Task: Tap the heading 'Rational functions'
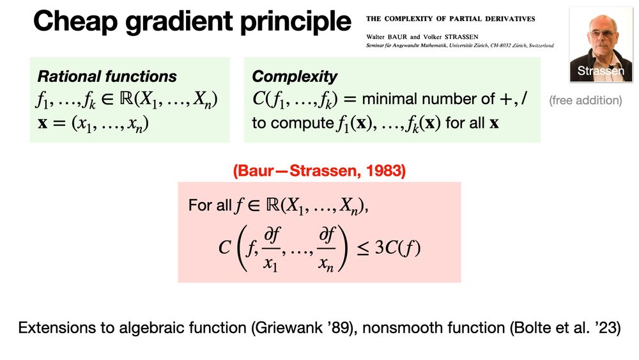[107, 76]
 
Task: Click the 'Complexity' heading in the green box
[294, 77]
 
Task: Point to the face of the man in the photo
[603, 34]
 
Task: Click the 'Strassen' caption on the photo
[600, 71]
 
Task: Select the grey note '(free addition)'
[585, 100]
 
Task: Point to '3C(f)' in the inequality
[397, 247]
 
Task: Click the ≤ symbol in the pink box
[363, 249]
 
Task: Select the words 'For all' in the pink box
[210, 205]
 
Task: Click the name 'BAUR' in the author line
[397, 36]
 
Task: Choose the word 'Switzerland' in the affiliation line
[541, 45]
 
